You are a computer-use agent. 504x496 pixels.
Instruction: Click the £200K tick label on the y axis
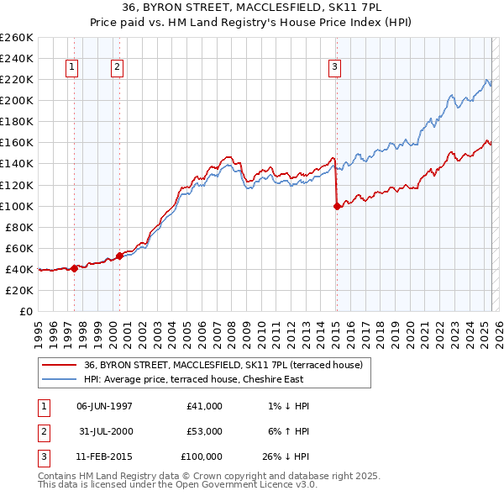[x=16, y=100]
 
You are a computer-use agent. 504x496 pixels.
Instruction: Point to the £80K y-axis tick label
[x=18, y=227]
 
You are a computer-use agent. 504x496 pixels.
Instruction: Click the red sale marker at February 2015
[x=337, y=205]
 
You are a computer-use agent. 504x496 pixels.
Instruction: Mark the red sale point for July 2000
[x=120, y=255]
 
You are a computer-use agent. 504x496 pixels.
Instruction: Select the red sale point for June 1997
[x=74, y=267]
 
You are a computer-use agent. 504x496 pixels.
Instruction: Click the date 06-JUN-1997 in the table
[x=104, y=406]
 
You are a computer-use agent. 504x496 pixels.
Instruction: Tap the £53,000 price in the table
[x=205, y=431]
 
